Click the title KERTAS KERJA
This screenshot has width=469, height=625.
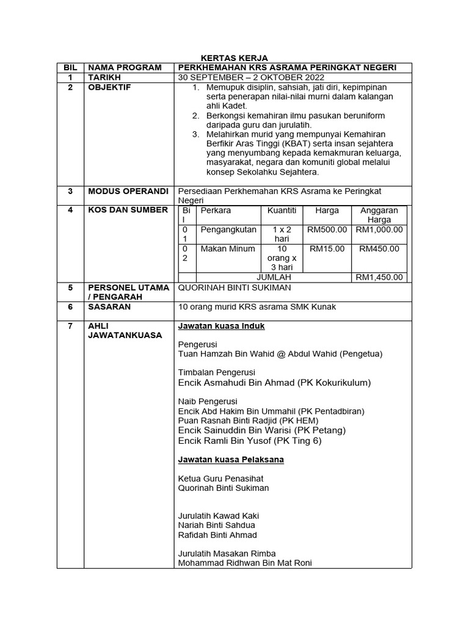tap(234, 57)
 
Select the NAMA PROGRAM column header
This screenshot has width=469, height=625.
tap(125, 67)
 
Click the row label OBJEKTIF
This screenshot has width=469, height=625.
tap(110, 88)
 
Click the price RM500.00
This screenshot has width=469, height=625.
tap(327, 229)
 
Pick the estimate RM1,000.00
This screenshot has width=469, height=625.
tap(379, 229)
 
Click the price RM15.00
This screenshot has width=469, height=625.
tap(327, 249)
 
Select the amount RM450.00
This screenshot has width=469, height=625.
tap(379, 249)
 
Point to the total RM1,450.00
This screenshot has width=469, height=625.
tap(379, 277)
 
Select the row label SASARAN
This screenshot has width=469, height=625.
tap(109, 307)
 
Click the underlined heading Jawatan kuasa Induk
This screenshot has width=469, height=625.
tap(221, 327)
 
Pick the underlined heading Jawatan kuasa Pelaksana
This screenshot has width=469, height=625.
tap(231, 459)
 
